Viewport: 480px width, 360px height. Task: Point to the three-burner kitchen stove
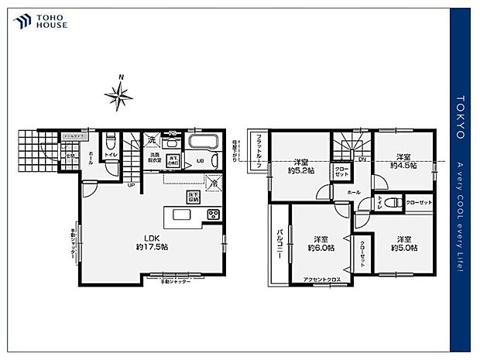click(213, 214)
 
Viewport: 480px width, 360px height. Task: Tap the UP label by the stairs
click(131, 185)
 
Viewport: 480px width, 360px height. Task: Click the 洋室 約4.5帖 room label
click(403, 160)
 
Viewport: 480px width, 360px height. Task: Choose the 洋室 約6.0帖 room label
click(320, 244)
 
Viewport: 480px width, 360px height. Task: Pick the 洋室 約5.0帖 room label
click(403, 244)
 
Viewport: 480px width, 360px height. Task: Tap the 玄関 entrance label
click(69, 156)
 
